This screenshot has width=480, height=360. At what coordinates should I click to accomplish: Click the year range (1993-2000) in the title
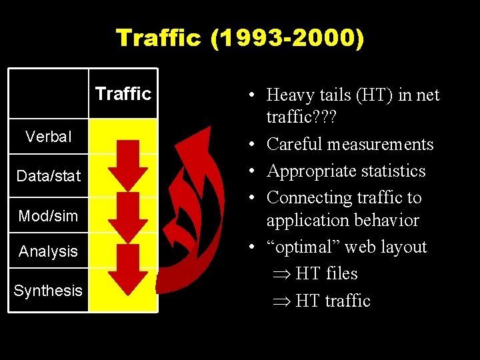coord(287,38)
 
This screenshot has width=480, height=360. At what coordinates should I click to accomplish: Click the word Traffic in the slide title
coord(158,38)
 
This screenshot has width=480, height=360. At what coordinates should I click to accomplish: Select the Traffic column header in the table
coord(123,93)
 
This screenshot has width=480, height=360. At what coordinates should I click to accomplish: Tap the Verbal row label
coord(48,137)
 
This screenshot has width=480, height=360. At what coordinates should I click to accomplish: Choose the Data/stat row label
coord(48,176)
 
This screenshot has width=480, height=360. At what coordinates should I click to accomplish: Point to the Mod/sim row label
coord(48,215)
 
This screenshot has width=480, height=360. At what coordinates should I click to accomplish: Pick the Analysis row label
coord(48,251)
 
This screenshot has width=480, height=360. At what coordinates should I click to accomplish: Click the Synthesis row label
coord(48,291)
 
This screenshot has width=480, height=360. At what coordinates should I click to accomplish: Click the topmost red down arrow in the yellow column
coord(128,164)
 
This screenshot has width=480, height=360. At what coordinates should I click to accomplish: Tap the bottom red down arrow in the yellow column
coord(128,272)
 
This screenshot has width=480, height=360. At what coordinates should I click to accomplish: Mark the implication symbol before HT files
coord(281,274)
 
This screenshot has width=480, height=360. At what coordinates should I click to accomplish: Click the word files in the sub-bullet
coord(342,273)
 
